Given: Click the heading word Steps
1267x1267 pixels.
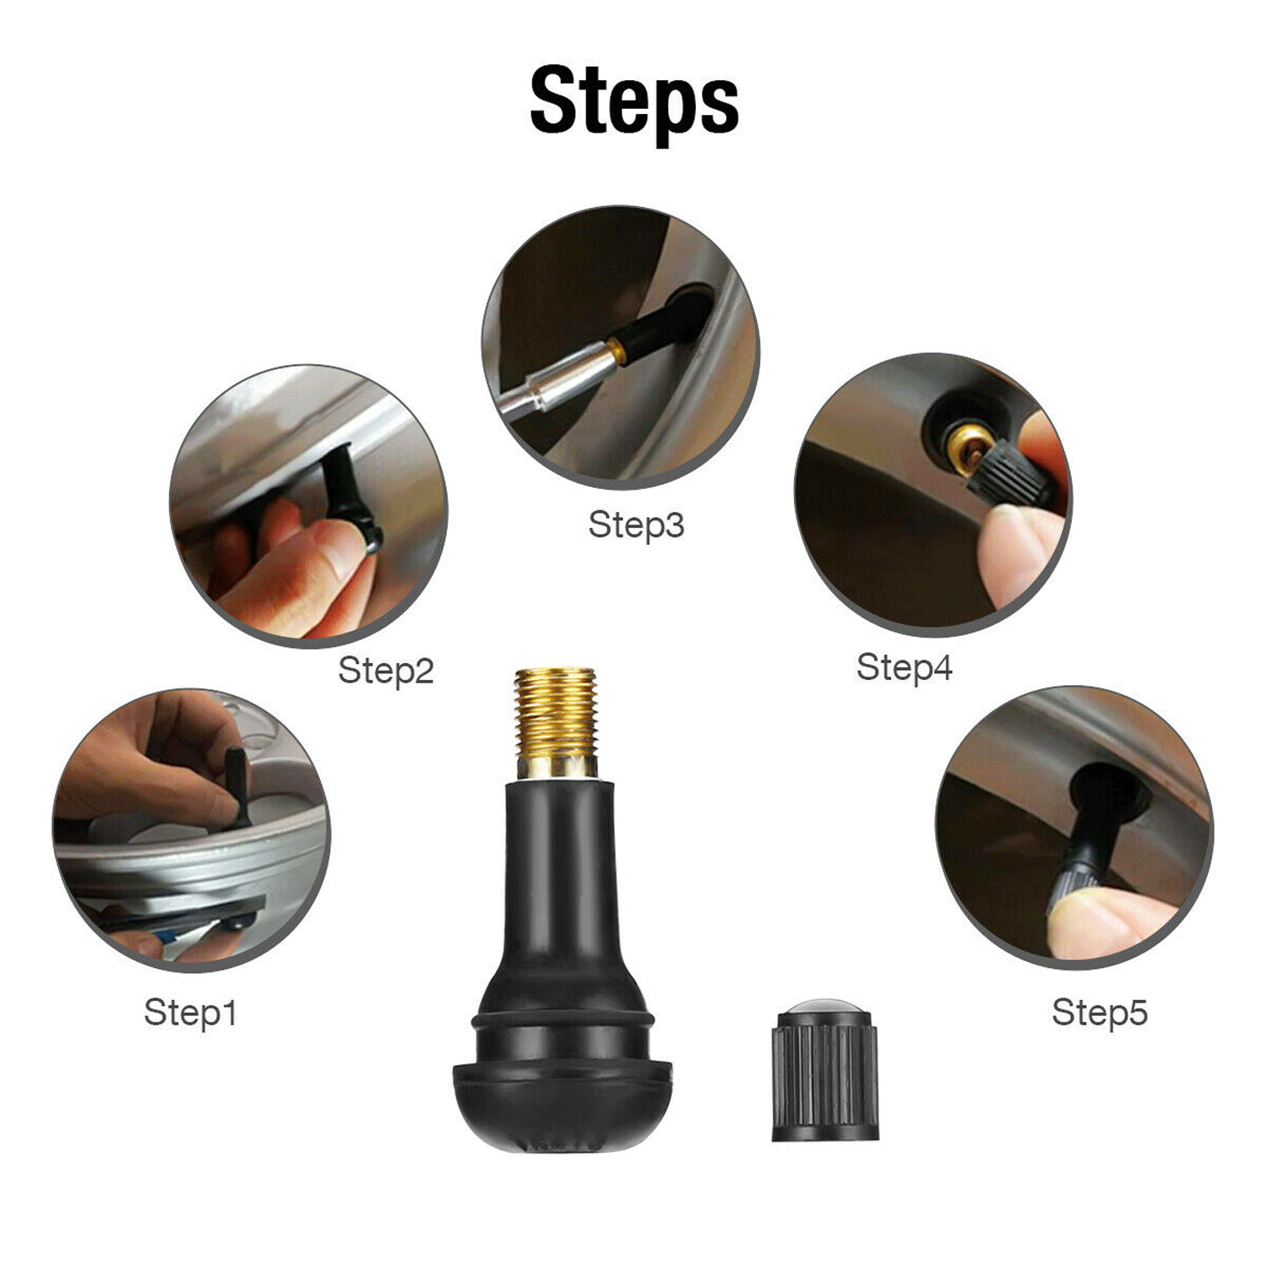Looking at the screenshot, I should click(x=633, y=101).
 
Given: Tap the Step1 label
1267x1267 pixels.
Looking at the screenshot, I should click(x=190, y=1012).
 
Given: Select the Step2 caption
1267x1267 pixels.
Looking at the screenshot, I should click(x=385, y=671).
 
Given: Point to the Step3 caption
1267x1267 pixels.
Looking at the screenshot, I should click(x=635, y=525).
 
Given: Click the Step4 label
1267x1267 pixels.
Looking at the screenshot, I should click(x=904, y=667).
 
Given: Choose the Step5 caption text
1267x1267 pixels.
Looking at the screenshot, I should click(x=1099, y=1012).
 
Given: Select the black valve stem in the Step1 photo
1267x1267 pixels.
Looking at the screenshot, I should click(x=236, y=786).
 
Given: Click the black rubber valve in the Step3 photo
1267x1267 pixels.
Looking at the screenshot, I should click(x=659, y=325).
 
